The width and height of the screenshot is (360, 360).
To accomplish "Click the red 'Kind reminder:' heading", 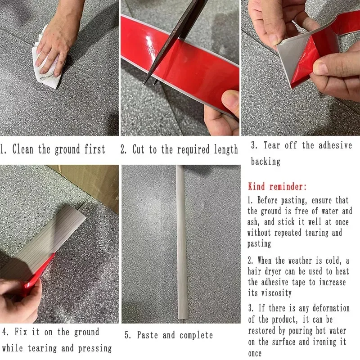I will pyautogui.click(x=277, y=186).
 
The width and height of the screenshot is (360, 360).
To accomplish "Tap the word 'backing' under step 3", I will pyautogui.click(x=265, y=161).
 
